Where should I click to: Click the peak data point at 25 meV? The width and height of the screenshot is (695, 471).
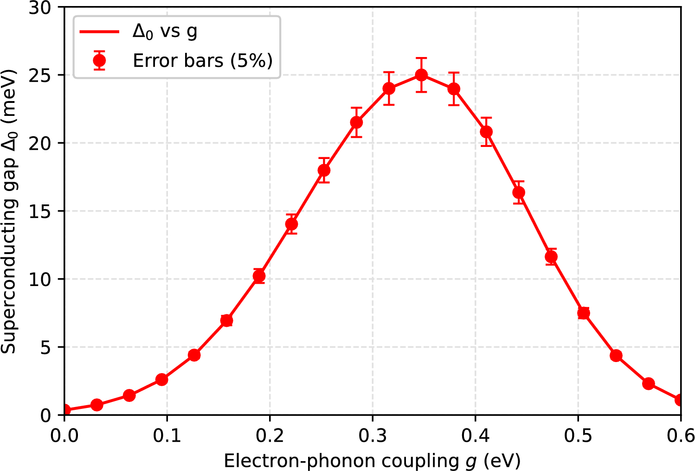click(x=421, y=75)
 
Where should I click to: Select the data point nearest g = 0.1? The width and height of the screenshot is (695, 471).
click(x=161, y=380)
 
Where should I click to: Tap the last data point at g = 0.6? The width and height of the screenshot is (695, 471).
click(x=680, y=400)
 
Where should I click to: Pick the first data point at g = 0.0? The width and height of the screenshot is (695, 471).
click(x=65, y=410)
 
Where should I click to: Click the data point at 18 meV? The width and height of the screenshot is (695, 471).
click(x=324, y=170)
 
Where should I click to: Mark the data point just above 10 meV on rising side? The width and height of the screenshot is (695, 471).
click(x=259, y=276)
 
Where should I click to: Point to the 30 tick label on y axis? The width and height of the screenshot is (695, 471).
click(x=40, y=8)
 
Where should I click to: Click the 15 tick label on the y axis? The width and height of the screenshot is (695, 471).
click(x=40, y=211)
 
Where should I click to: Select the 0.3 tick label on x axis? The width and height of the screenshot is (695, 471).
click(x=372, y=436)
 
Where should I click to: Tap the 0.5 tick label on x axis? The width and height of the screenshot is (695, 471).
click(x=578, y=436)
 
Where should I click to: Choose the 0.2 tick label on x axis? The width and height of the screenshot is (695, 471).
click(x=270, y=436)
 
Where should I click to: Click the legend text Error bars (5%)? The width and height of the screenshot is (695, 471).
click(x=203, y=61)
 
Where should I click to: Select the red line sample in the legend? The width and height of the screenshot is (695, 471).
click(x=99, y=32)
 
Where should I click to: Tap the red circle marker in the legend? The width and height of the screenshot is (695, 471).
click(x=99, y=61)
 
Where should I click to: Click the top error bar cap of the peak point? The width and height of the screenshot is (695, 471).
click(x=421, y=58)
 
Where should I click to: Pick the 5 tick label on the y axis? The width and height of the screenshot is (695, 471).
click(x=45, y=347)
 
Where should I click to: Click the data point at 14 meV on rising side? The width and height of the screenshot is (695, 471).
click(x=291, y=224)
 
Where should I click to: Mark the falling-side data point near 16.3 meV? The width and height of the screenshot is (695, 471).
click(x=519, y=192)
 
